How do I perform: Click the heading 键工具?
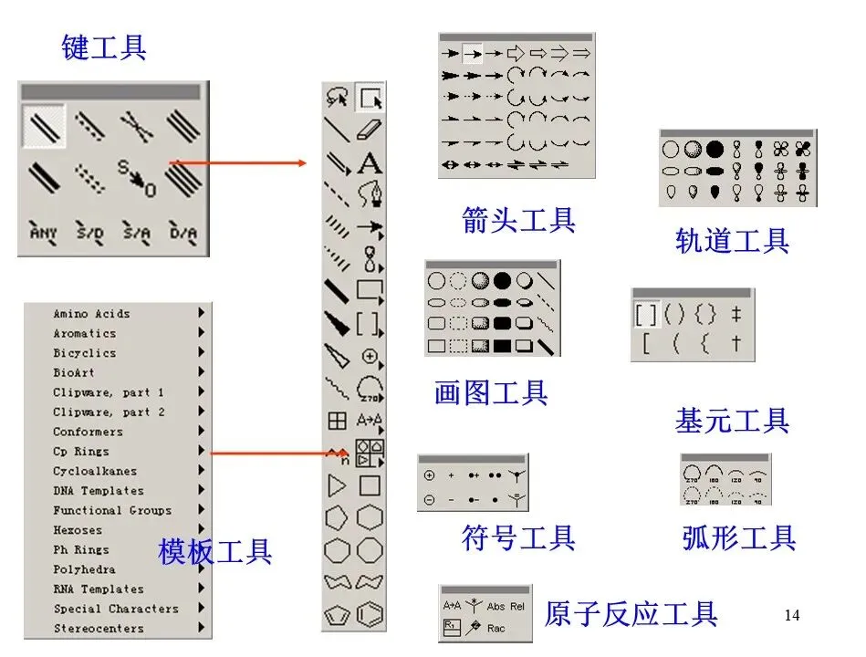tap(103, 47)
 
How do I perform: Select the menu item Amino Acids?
tap(91, 314)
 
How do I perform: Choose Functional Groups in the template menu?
tap(111, 511)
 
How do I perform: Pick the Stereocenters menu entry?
tap(98, 629)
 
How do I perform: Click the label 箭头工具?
tap(518, 220)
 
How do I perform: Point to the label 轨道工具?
tap(732, 241)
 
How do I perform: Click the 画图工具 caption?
tap(491, 393)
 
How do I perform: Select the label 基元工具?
tap(732, 421)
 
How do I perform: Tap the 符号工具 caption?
tap(518, 537)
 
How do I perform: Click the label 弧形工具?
tap(739, 537)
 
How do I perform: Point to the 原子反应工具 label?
tap(631, 614)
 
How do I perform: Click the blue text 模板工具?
tap(215, 551)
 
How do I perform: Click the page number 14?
tap(791, 616)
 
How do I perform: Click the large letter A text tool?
tap(370, 163)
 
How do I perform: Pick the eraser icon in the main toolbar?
tap(370, 129)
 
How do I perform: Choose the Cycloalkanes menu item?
tap(95, 472)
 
